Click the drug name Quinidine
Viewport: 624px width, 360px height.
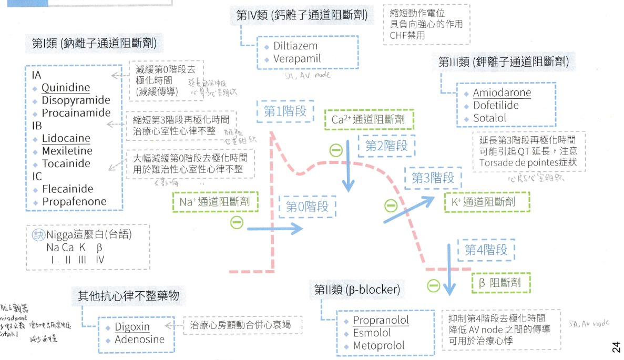coord(66,87)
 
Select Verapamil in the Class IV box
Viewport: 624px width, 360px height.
coord(296,59)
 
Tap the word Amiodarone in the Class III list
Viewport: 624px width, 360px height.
coord(502,93)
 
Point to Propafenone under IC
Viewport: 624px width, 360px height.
coord(74,201)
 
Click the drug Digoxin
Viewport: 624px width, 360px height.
coord(132,327)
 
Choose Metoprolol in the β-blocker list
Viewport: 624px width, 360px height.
coord(379,346)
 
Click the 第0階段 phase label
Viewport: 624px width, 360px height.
coord(307,207)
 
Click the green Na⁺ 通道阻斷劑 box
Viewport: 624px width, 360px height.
coord(215,201)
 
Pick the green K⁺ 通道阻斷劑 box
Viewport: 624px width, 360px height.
coord(487,202)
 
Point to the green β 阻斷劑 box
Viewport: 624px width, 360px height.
coord(501,282)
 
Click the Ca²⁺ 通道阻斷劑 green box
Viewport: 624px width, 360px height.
coord(368,119)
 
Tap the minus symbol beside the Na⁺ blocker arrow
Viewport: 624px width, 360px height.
coord(237,223)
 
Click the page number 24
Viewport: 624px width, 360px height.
coord(616,347)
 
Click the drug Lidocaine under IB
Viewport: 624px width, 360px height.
coord(66,139)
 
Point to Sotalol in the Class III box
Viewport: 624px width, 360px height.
coord(489,118)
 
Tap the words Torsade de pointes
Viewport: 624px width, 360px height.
coord(512,163)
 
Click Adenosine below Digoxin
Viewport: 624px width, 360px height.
coord(139,340)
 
